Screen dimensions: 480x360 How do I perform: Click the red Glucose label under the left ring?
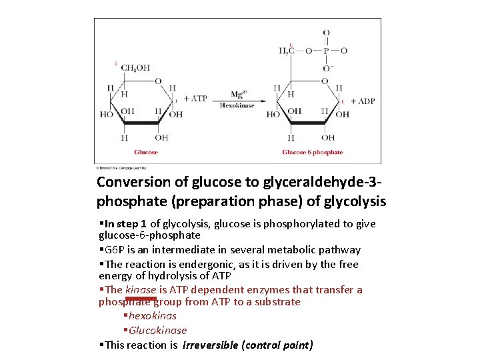point(145,152)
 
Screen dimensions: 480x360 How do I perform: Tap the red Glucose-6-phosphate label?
point(312,152)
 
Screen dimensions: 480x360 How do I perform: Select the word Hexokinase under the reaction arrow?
point(237,105)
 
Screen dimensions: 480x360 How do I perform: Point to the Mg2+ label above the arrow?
point(239,94)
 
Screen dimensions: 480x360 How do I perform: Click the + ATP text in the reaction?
point(195,99)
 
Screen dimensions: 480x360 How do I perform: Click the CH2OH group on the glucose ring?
point(135,67)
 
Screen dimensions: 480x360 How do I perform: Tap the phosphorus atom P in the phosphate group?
point(326,50)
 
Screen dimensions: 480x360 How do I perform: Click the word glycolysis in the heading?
point(357,201)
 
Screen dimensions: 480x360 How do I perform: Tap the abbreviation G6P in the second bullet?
point(113,250)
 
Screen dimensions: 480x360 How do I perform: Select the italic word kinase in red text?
point(141,290)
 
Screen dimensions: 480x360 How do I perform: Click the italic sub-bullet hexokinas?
point(153,316)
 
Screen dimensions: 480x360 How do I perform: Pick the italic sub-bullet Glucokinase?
point(158,331)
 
